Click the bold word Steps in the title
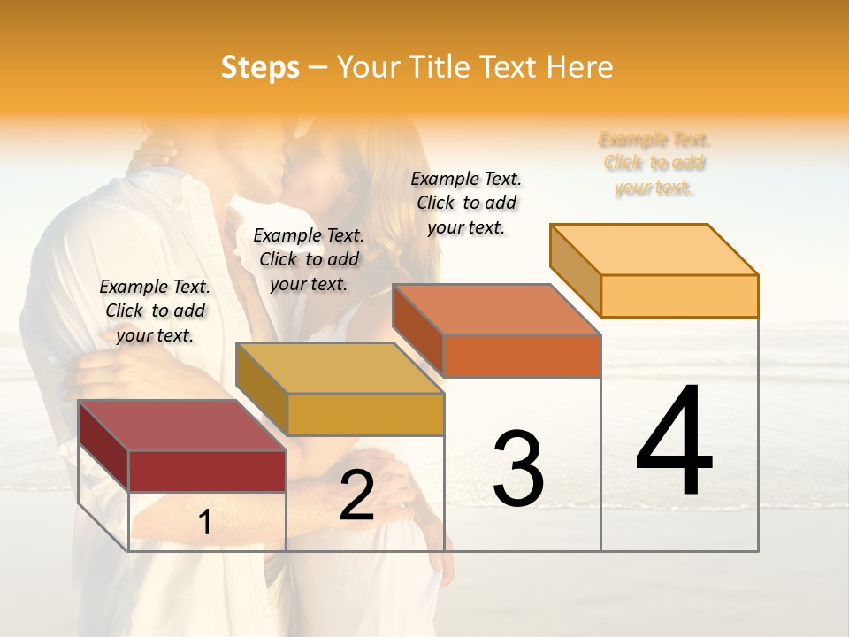click(260, 68)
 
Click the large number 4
click(675, 441)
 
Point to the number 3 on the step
click(517, 468)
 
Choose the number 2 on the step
click(356, 495)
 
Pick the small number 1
click(205, 523)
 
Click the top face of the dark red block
click(181, 426)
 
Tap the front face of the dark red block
click(207, 471)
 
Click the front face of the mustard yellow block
click(365, 414)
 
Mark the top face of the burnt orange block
click(496, 310)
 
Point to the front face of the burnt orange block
click(522, 356)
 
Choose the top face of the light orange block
click(654, 249)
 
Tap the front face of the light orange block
click(679, 295)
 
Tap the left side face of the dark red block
click(103, 447)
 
